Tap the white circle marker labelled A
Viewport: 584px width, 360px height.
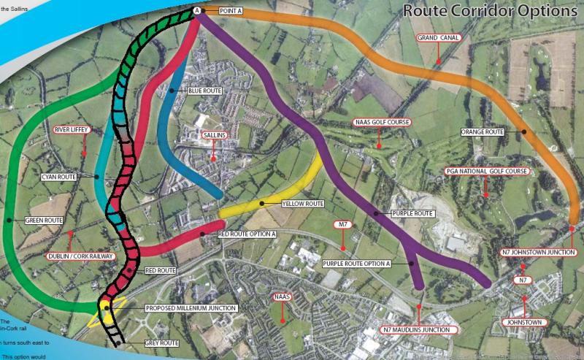click(x=197, y=10)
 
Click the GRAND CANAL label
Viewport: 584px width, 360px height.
click(x=439, y=38)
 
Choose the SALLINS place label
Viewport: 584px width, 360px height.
click(x=213, y=135)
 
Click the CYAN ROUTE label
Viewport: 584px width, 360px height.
click(x=59, y=177)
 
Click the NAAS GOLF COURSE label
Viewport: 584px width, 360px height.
click(x=382, y=122)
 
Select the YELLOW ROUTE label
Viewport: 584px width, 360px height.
click(x=302, y=203)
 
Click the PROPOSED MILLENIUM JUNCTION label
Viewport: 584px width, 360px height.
click(x=192, y=309)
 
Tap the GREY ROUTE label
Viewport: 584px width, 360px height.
click(x=161, y=343)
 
